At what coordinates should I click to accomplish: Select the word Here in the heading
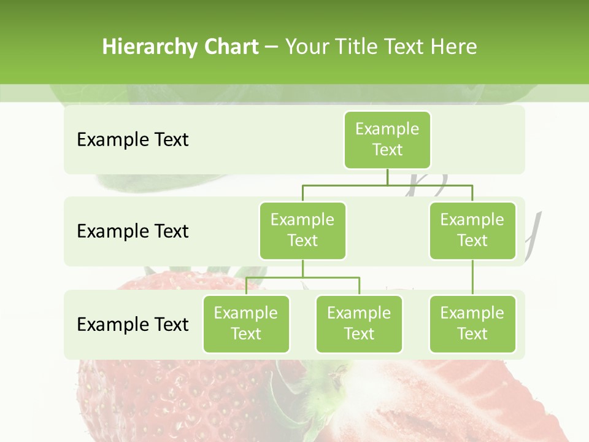(454, 47)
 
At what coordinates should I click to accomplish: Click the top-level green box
(387, 139)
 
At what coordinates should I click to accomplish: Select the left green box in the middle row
(302, 230)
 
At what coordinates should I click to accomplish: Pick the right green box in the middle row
(472, 230)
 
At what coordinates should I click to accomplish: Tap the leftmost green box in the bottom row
(246, 324)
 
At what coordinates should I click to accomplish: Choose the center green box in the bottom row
(359, 324)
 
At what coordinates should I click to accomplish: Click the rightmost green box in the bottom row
(472, 324)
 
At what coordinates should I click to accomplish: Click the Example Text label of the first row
(133, 139)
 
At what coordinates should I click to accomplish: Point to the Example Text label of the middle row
(133, 231)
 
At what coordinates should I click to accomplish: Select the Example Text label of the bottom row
(133, 324)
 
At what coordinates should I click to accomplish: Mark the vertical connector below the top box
(387, 177)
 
